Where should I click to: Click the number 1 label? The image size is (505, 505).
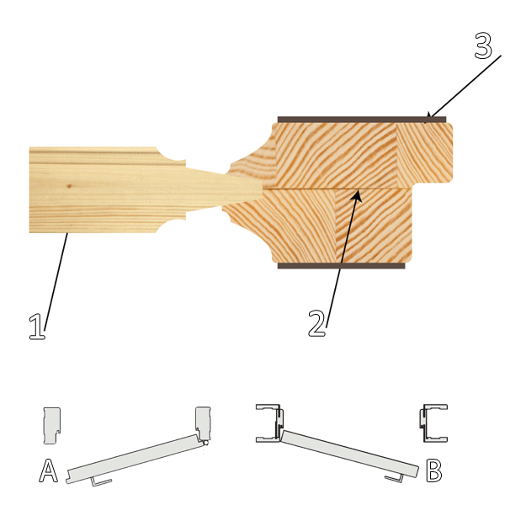tap(38, 327)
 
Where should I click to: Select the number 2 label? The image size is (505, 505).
tap(317, 323)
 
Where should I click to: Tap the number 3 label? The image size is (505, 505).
tap(483, 45)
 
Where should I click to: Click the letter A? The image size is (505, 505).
tap(48, 470)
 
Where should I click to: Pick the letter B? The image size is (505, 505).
tap(433, 470)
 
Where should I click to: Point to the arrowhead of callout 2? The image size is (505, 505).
tap(357, 196)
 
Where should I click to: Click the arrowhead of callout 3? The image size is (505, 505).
tap(428, 118)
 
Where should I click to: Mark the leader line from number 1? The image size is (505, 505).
tap(56, 281)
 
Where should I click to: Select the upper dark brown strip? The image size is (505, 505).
tap(362, 120)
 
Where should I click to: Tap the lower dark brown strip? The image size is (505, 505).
tap(342, 266)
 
